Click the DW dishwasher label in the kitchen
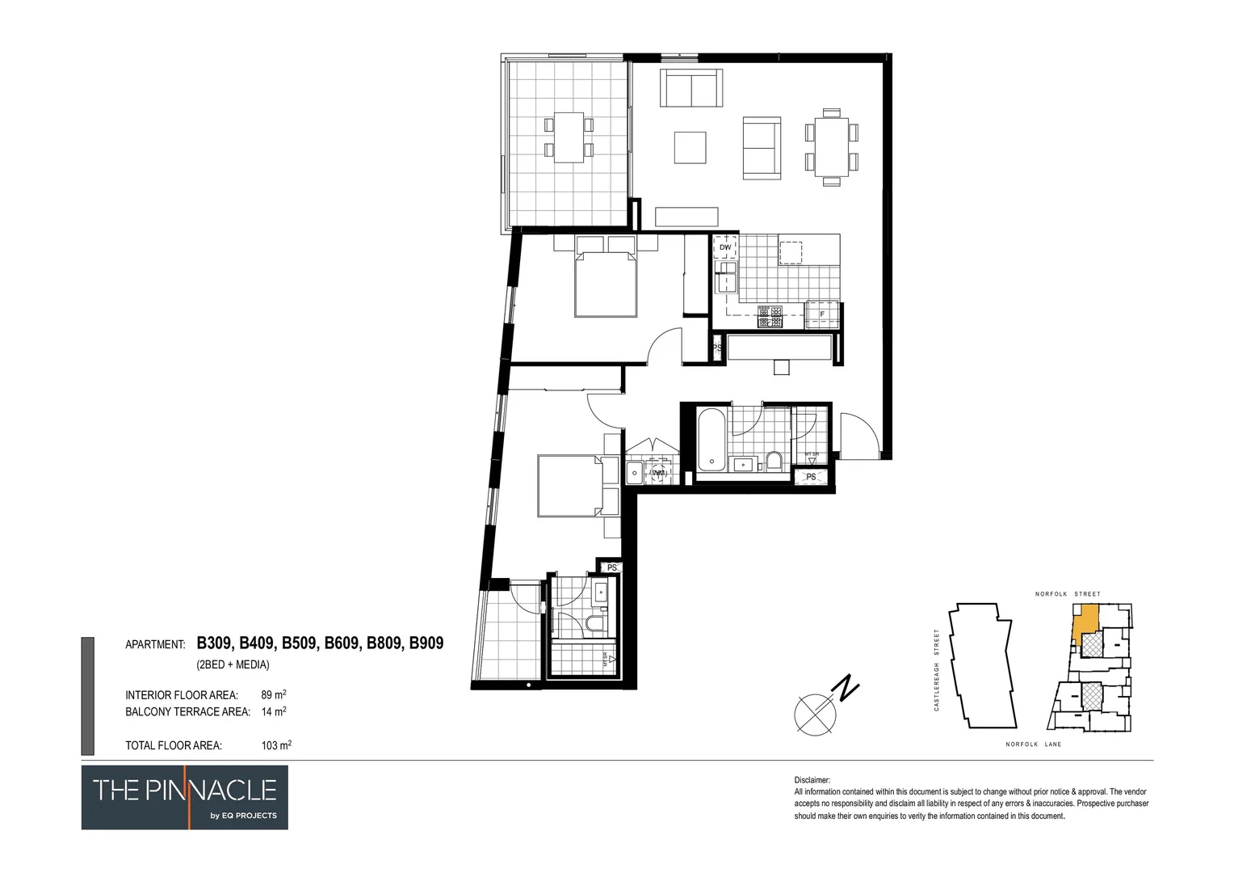click(724, 247)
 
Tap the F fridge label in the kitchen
click(822, 314)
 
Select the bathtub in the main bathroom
click(711, 441)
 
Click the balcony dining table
click(569, 137)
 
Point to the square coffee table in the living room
click(690, 147)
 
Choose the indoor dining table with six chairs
click(831, 147)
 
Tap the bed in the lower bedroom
click(569, 486)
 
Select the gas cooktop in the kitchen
click(770, 317)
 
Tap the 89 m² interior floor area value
click(273, 694)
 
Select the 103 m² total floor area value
click(275, 745)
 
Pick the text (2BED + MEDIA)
click(233, 664)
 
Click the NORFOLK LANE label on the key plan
click(1033, 744)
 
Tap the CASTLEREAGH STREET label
click(937, 670)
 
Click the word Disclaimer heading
click(812, 780)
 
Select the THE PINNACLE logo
click(184, 797)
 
